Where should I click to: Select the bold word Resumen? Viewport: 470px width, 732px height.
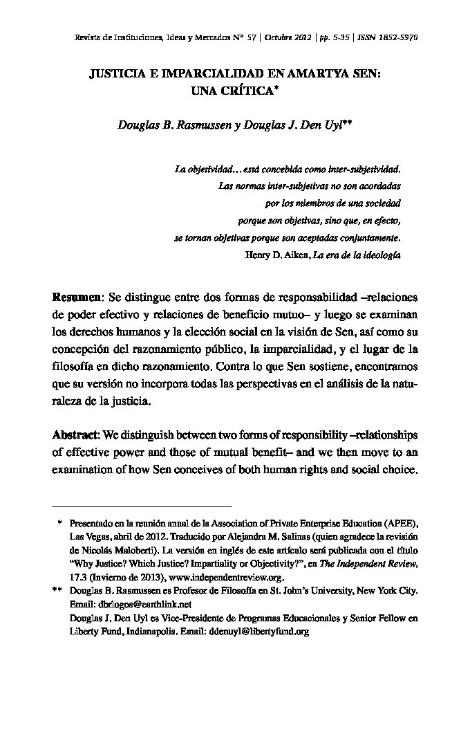pos(77,298)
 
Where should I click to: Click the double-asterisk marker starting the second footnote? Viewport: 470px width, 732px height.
pos(57,591)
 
